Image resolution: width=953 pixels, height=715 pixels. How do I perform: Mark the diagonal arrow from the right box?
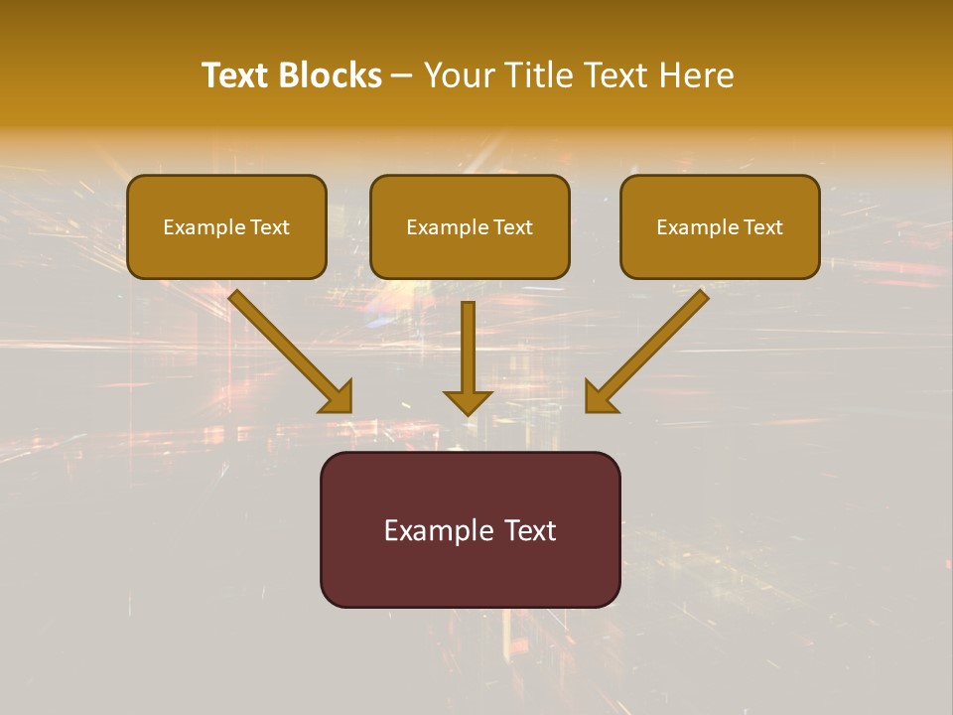point(655,343)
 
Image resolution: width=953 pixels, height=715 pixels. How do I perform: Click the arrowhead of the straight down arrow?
point(468,401)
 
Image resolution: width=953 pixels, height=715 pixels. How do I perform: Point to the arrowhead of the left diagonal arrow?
point(337,396)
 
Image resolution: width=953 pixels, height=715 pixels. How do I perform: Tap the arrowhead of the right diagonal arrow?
point(601,396)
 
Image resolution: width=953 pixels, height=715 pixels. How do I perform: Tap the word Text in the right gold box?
point(763,227)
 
